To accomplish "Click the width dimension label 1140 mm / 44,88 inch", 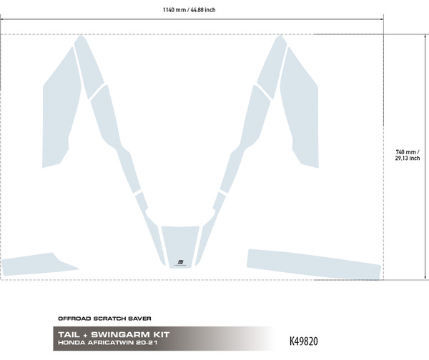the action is (189, 10).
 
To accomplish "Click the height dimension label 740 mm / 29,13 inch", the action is (408, 155).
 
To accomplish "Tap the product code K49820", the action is (304, 341).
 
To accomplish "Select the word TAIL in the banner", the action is (69, 334).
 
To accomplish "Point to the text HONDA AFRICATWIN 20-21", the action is (108, 343).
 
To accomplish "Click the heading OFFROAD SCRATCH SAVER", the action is (104, 319).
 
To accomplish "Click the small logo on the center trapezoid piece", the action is (180, 263).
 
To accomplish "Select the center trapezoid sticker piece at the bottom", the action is (180, 246).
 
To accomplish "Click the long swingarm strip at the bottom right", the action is (314, 264).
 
